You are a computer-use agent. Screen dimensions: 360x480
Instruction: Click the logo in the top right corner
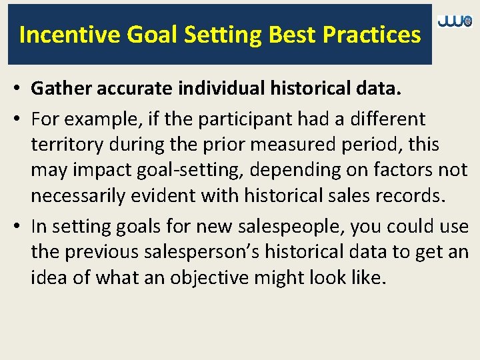[x=455, y=22]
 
